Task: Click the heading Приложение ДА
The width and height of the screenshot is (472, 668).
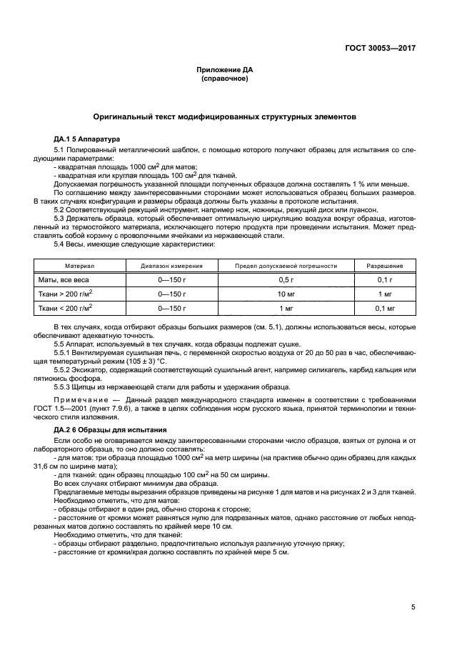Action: point(225,69)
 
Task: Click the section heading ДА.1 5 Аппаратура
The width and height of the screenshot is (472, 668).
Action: point(87,138)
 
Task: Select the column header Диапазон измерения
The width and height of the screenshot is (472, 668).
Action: point(171,266)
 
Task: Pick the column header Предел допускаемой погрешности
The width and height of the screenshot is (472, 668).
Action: point(286,266)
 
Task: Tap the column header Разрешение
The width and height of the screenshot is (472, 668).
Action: point(385,266)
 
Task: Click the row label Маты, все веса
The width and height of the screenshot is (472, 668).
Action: point(64,279)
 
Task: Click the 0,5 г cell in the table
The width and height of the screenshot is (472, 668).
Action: point(286,279)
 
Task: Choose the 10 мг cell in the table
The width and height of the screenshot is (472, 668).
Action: point(286,294)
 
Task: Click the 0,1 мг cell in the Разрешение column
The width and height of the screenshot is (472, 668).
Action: point(385,308)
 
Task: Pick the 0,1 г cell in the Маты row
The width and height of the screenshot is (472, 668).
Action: point(385,279)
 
